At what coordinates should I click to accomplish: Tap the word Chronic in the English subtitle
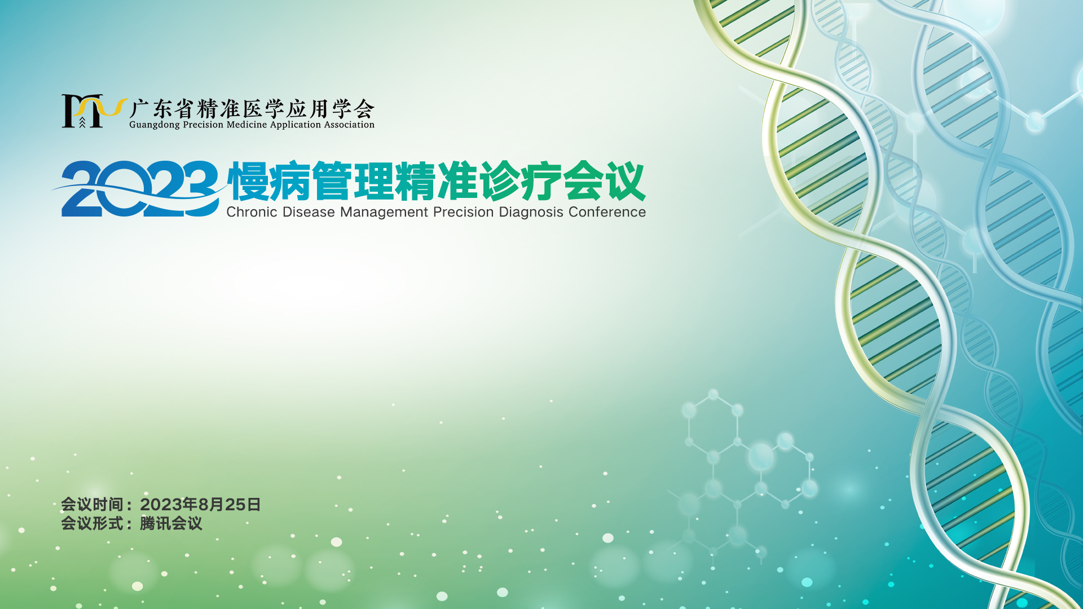[x=252, y=212]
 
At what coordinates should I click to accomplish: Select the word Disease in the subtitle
[x=309, y=212]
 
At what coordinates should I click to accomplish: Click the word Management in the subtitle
[x=384, y=213]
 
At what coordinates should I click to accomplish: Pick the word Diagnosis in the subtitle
[x=531, y=213]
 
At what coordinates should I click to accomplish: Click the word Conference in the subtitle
[x=607, y=212]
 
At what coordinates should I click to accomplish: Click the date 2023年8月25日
[x=200, y=504]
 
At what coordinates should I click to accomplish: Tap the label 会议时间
[x=92, y=504]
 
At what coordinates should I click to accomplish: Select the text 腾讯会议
[x=171, y=523]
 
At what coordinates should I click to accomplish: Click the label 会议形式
[x=92, y=523]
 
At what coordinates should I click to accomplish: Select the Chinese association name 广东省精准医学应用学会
[x=252, y=108]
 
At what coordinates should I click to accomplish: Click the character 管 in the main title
[x=332, y=181]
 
